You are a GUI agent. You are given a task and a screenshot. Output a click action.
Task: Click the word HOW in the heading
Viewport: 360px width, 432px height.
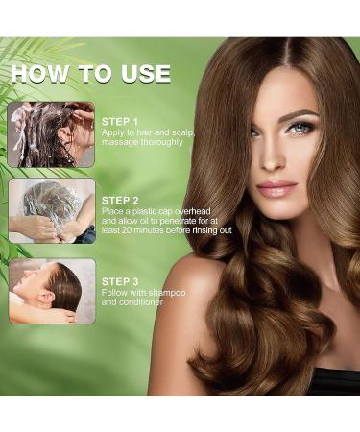tap(38, 74)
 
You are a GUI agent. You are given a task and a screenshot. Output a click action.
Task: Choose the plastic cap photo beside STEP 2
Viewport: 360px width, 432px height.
tap(52, 210)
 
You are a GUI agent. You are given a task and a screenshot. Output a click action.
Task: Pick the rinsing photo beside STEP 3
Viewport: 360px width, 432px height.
tap(52, 290)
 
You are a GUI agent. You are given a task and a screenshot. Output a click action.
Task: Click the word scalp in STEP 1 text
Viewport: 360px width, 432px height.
tap(180, 132)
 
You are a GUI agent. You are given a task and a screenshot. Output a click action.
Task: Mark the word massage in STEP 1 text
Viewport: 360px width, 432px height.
tap(123, 142)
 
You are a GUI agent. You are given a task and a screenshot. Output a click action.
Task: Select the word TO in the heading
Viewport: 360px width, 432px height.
tap(92, 74)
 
